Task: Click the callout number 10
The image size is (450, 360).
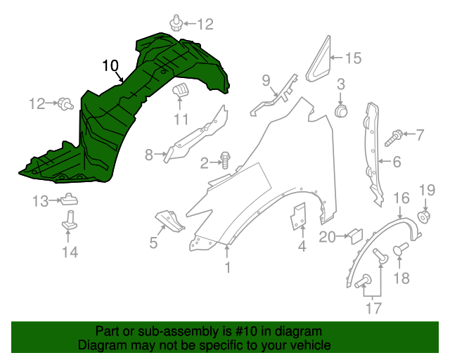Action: point(110,66)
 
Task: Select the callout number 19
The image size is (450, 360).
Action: point(427,189)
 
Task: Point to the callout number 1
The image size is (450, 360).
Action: point(227,267)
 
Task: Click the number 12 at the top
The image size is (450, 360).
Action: point(204,25)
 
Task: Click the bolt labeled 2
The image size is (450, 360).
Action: point(226,160)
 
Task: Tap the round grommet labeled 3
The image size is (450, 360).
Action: point(342,110)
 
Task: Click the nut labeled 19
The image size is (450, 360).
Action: point(425,216)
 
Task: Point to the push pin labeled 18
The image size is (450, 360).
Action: point(401,250)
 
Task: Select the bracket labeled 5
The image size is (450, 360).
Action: point(170,220)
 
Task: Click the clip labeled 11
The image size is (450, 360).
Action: point(181,91)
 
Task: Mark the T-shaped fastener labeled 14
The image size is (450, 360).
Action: point(70,221)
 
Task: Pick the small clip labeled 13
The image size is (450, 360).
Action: point(70,200)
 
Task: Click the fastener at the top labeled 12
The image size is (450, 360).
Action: point(178,25)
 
